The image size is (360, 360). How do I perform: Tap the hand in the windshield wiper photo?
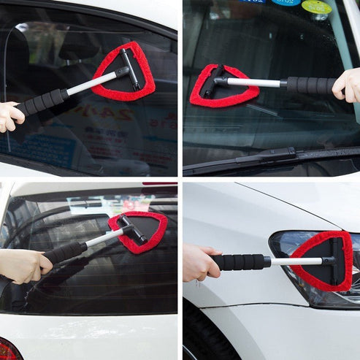tap(347, 85)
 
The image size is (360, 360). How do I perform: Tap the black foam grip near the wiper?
tap(310, 85)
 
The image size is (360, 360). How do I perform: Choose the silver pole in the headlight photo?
tap(296, 261)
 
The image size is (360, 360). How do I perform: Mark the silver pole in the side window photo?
tap(91, 83)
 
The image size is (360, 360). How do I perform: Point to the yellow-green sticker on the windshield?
tap(316, 7)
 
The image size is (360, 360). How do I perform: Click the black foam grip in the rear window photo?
tap(66, 252)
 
